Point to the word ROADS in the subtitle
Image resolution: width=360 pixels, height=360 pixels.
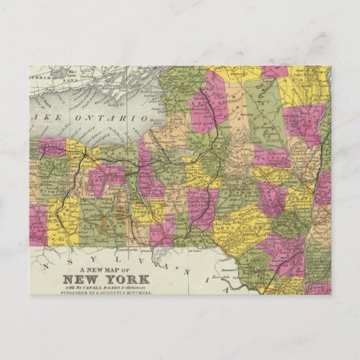[133, 287]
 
